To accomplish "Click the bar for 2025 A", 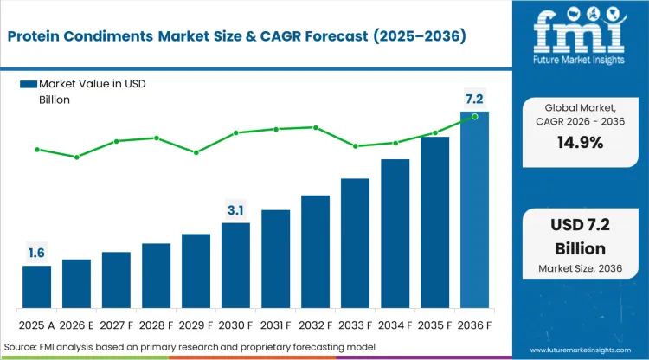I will point(37,287).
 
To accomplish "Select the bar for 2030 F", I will point(235,266).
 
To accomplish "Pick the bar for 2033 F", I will point(355,244).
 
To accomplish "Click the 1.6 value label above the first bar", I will point(37,253).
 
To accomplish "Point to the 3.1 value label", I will point(235,210).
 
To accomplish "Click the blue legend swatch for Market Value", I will point(29,84).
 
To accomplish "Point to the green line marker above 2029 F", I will point(196,152).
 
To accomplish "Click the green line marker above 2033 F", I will point(355,146).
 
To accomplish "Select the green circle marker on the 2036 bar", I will point(474,116).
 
